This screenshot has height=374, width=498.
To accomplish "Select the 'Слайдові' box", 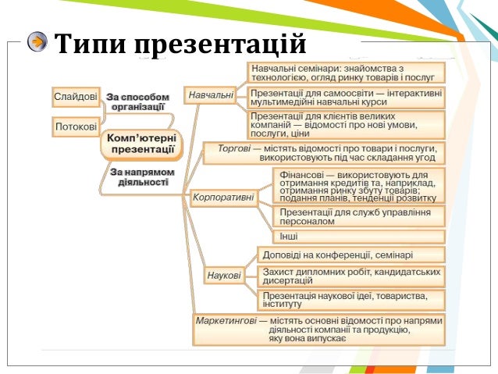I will (76, 97).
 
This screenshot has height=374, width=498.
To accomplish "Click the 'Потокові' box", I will (76, 126).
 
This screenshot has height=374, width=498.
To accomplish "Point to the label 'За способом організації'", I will (137, 102).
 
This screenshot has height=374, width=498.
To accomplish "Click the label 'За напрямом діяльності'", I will (142, 176).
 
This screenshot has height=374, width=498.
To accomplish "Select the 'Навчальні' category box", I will (211, 96).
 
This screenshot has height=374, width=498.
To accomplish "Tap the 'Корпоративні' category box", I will (222, 198).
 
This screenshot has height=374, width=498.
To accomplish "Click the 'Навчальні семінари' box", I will (346, 73).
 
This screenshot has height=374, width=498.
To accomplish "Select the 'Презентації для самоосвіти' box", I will (346, 97).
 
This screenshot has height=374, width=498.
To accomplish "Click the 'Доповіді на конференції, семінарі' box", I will (350, 255).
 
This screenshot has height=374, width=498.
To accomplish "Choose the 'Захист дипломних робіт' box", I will (350, 276).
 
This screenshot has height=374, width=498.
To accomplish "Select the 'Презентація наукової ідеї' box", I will (350, 300).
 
